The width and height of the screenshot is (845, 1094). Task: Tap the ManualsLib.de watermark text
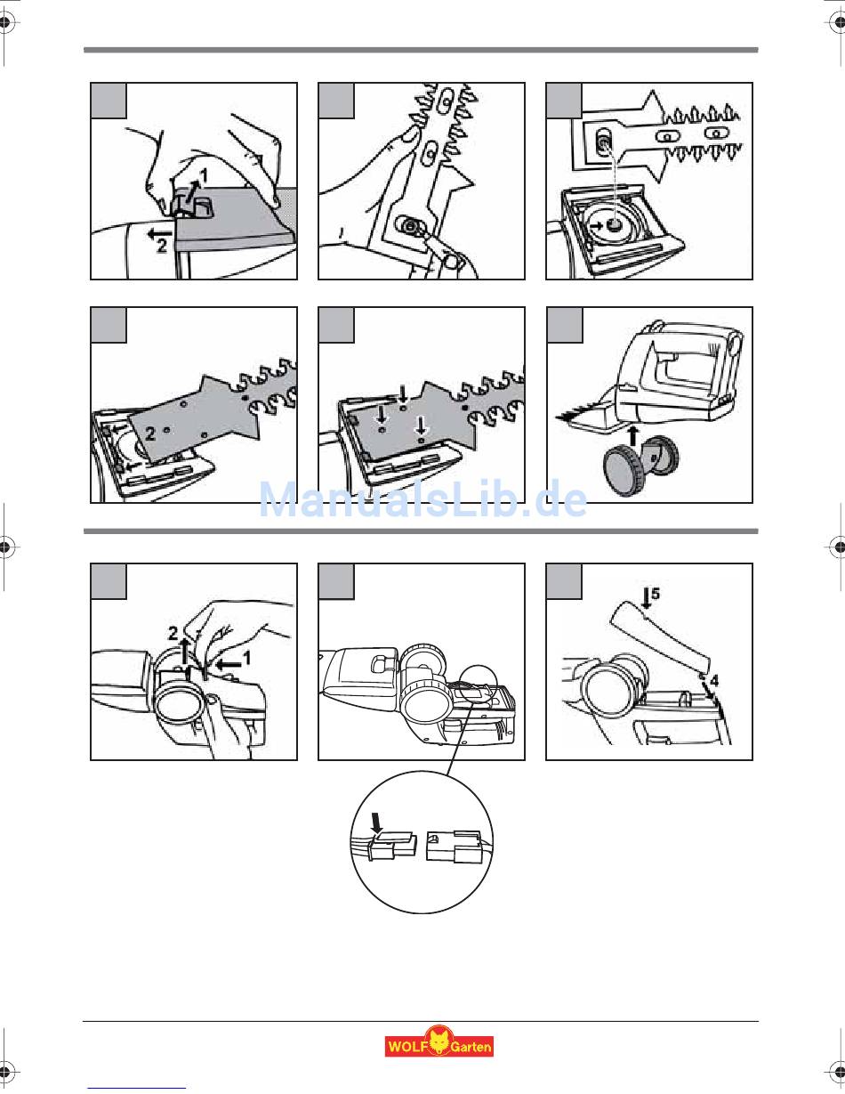point(423,499)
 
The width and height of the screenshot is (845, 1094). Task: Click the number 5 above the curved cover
point(655,593)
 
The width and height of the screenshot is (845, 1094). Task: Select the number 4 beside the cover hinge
point(713,681)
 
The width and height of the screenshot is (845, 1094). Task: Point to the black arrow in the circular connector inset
point(375,823)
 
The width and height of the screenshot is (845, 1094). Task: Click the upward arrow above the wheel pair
point(633,435)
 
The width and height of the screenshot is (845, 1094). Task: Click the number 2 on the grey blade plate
point(150,434)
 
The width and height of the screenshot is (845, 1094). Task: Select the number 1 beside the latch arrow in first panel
point(204,175)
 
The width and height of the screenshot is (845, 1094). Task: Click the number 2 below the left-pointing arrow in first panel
point(162,247)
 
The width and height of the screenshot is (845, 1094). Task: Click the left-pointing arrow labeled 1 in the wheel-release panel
point(229,665)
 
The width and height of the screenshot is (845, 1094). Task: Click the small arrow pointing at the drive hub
point(597,226)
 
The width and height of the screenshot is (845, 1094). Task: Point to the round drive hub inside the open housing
point(613,225)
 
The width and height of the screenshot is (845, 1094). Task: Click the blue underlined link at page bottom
point(136,1088)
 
